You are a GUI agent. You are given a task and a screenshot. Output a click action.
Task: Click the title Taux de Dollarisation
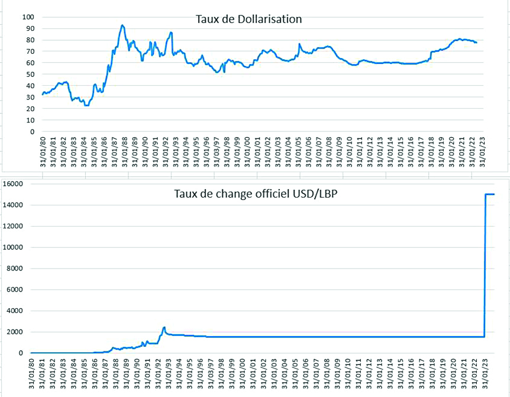point(248,20)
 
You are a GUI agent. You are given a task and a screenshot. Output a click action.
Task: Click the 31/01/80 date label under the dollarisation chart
point(43,152)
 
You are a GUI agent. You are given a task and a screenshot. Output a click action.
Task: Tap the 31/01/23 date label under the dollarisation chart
point(482,152)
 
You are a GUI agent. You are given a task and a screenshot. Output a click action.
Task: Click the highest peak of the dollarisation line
point(122,25)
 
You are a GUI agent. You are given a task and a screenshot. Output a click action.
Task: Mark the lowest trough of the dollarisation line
point(86,105)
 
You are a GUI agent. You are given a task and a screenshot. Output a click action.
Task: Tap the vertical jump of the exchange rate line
point(485,266)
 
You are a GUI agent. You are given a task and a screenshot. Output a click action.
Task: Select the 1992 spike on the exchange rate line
point(164,327)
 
